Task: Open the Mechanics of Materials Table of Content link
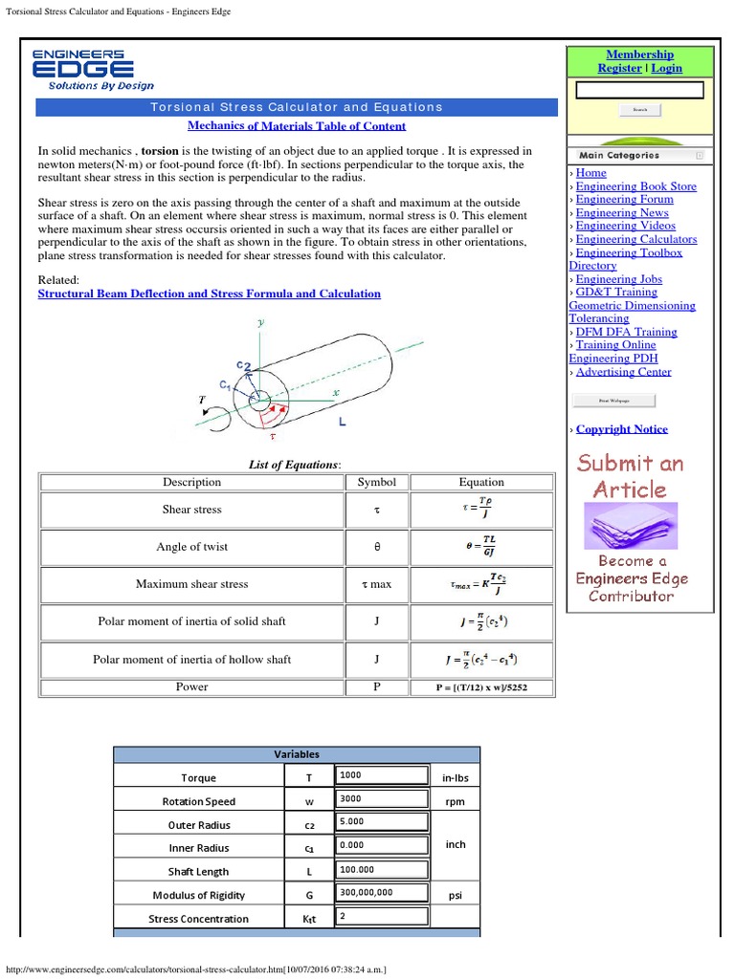point(297,125)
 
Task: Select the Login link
point(667,68)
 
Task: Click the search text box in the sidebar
point(639,90)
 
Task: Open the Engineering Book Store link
point(635,186)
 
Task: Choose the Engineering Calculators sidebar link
point(635,239)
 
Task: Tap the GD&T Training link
point(616,292)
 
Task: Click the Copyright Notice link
point(621,429)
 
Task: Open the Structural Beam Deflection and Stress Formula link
point(209,294)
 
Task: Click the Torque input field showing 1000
point(381,775)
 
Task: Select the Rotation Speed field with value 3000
point(381,799)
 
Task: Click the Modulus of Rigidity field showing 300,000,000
point(381,893)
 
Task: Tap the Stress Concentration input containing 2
point(381,916)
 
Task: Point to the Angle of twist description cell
point(191,547)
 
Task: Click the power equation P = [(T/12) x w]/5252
point(482,687)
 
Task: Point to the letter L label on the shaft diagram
point(343,422)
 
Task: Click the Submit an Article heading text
point(630,476)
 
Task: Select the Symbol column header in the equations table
point(376,482)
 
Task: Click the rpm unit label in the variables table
point(455,801)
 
